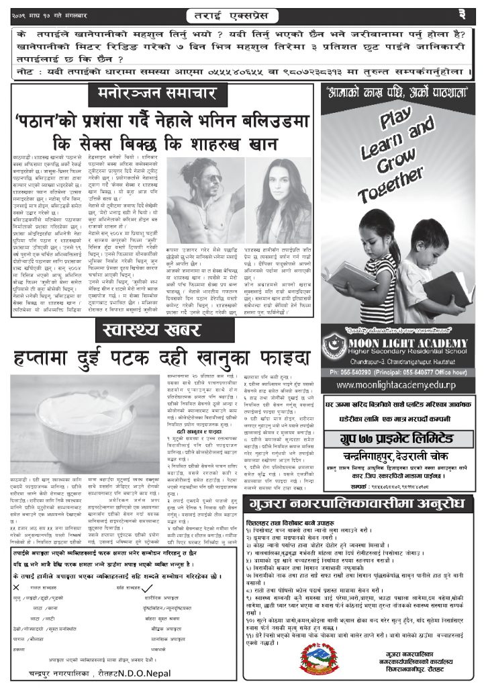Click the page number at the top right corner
(x=463, y=13)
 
